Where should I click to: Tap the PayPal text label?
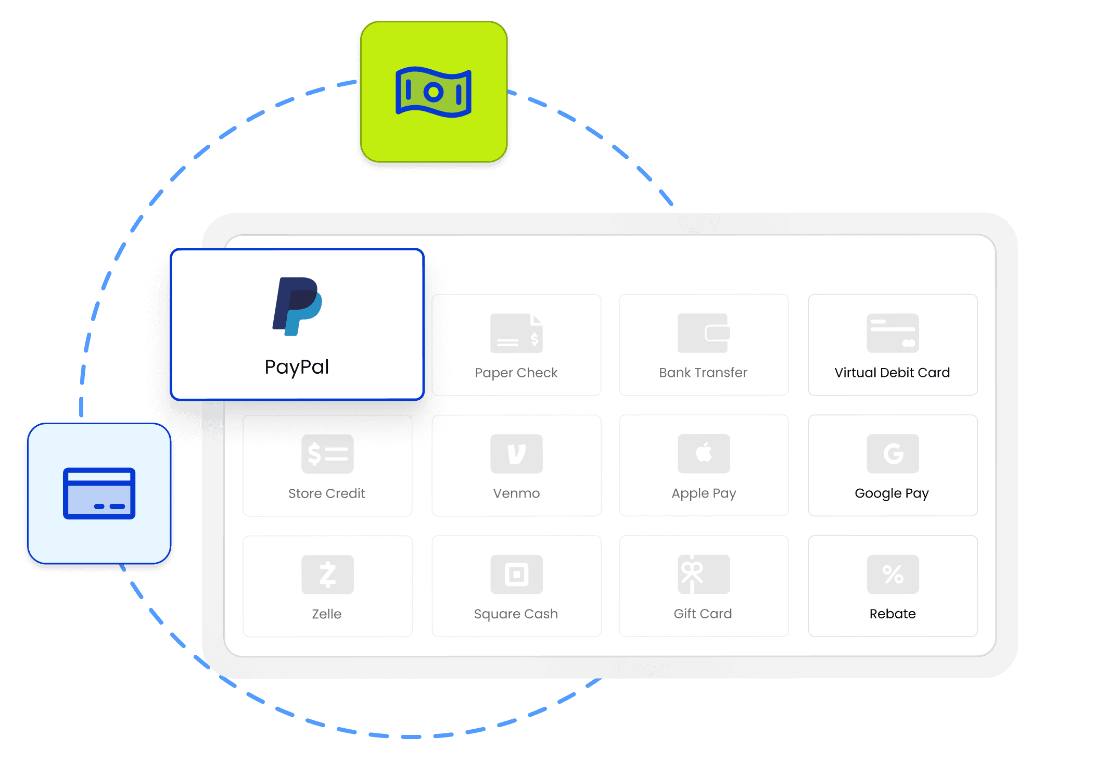[x=297, y=367]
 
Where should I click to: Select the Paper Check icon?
[x=516, y=333]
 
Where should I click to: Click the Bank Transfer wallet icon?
[x=704, y=333]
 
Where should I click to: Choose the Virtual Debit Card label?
[x=892, y=373]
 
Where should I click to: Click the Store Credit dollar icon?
[x=327, y=454]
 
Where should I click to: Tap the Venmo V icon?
[x=516, y=454]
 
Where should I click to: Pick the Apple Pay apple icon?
[x=704, y=454]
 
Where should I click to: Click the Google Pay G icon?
[x=893, y=454]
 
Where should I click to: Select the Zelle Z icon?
[x=327, y=575]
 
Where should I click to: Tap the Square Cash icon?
[x=516, y=575]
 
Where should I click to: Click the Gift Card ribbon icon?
[x=704, y=575]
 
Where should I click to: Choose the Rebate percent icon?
[x=893, y=575]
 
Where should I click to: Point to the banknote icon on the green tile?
[x=434, y=92]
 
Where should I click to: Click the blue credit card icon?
[x=99, y=493]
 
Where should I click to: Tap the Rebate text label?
[x=893, y=614]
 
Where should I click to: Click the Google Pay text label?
[x=892, y=493]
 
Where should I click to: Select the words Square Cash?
[x=516, y=614]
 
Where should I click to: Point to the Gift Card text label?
[x=703, y=614]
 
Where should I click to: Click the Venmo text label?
[x=516, y=493]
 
